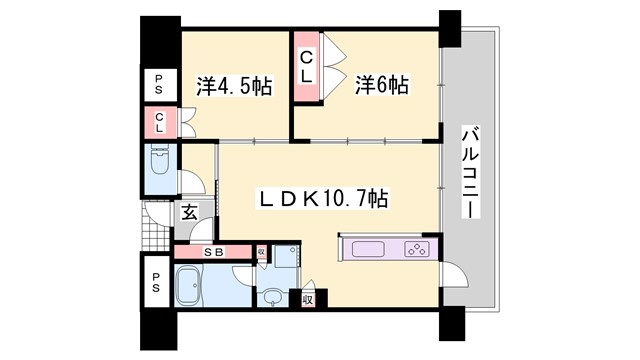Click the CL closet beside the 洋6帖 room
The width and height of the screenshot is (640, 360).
pyautogui.click(x=307, y=66)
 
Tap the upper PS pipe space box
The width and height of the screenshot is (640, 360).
pyautogui.click(x=159, y=82)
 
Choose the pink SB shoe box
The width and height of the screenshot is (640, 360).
pyautogui.click(x=213, y=252)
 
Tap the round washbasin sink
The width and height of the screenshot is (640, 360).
pyautogui.click(x=271, y=296)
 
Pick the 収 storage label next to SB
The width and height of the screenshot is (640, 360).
pyautogui.click(x=261, y=253)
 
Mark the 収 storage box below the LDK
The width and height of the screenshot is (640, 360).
pyautogui.click(x=307, y=298)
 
